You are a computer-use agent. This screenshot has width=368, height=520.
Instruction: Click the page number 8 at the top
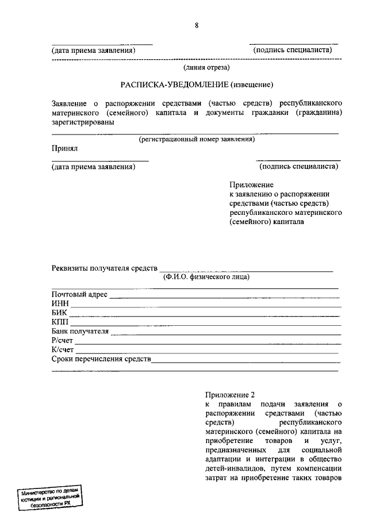click(x=197, y=25)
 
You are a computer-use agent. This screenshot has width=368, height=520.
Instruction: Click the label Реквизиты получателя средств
click(x=104, y=268)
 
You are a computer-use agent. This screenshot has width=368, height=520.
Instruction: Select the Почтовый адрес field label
click(x=79, y=295)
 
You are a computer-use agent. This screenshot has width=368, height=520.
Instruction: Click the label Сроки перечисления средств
click(x=101, y=359)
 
